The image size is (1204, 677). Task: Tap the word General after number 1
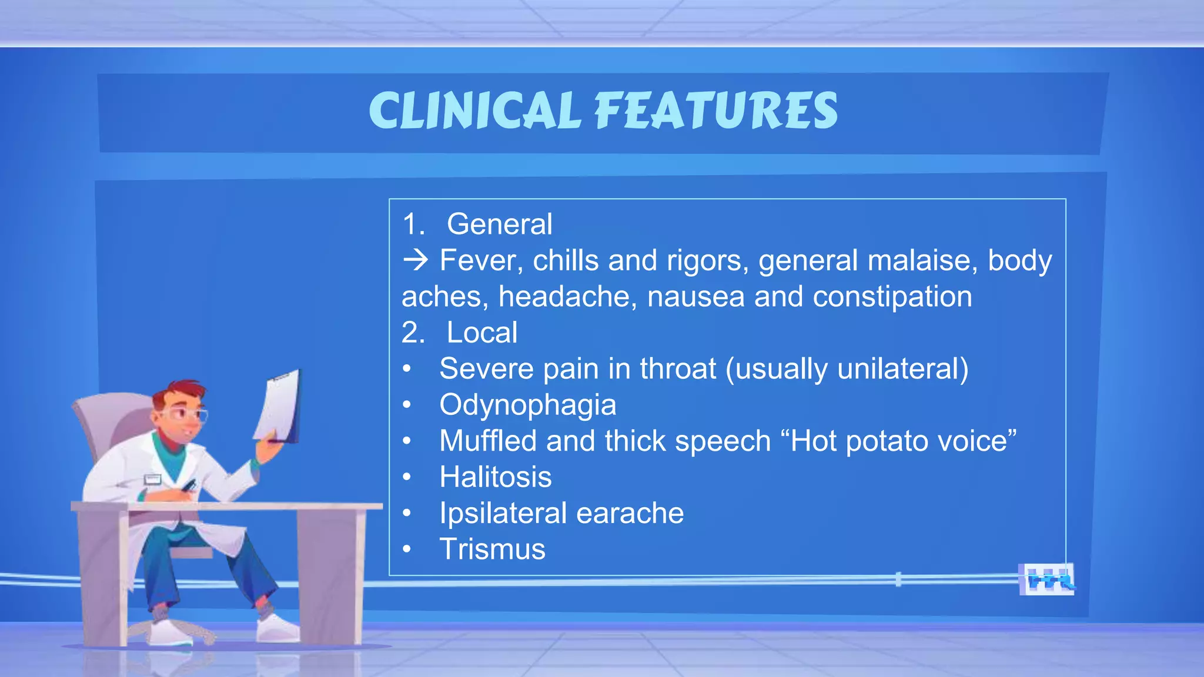(499, 224)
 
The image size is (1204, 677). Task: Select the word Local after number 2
(481, 333)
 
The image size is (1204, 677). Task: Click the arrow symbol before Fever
(416, 260)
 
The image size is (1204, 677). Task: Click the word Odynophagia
(527, 405)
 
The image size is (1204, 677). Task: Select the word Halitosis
(495, 477)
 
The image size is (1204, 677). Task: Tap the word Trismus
(492, 549)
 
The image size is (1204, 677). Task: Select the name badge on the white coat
(152, 479)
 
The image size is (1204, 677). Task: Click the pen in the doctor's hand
(189, 486)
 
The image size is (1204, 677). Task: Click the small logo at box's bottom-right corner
(1046, 580)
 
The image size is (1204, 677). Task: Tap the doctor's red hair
(179, 391)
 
